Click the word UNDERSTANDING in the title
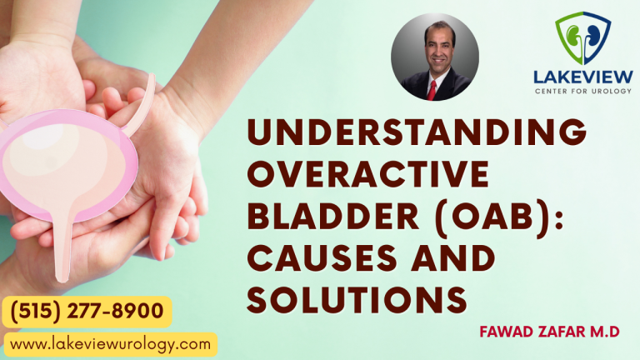click(x=417, y=134)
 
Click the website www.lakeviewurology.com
click(x=109, y=343)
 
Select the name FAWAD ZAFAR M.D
click(x=549, y=332)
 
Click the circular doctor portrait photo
click(x=434, y=57)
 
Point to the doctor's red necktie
click(x=432, y=88)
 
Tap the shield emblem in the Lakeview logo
click(x=583, y=38)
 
